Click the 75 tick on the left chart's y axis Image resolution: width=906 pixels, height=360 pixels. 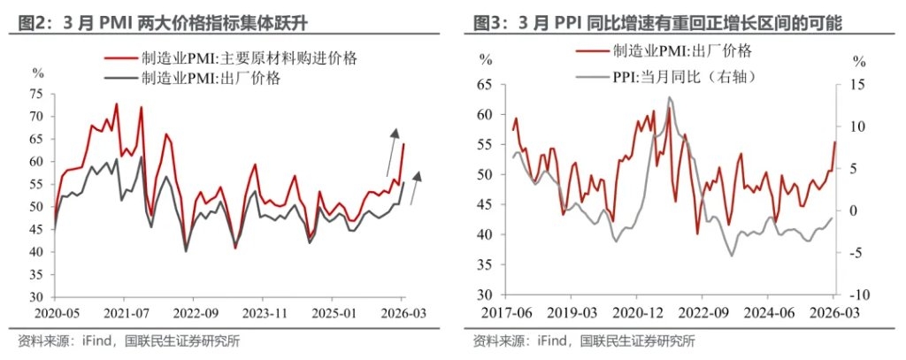pos(35,94)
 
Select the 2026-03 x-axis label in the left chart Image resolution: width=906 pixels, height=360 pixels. pos(404,313)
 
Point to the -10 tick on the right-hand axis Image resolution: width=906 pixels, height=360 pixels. pos(856,294)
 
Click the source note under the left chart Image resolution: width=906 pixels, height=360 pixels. pos(129,341)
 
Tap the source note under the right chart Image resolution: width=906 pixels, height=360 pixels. pos(584,341)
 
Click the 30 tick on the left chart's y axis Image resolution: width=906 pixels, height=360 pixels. pos(35,297)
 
